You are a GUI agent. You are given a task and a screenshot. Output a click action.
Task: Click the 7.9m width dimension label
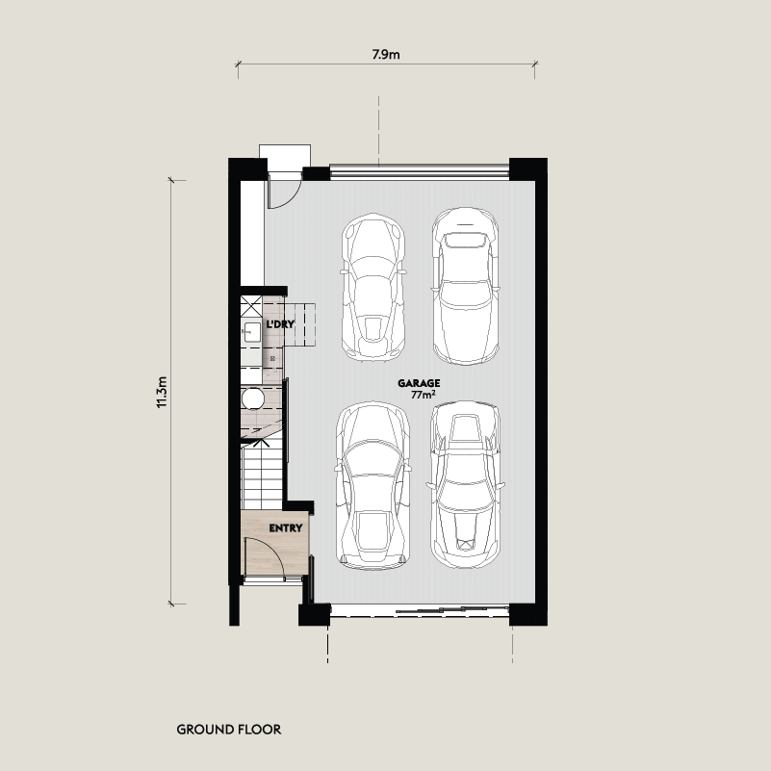(385, 54)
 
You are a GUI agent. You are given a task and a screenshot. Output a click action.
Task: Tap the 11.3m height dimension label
(163, 393)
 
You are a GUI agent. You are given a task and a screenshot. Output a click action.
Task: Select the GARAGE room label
(419, 383)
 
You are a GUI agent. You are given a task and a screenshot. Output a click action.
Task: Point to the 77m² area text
(424, 395)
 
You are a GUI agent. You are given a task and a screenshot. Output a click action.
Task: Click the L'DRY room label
(280, 324)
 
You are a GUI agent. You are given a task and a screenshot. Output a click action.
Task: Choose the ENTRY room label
(286, 528)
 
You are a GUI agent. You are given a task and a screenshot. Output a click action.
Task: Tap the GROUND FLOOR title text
(229, 730)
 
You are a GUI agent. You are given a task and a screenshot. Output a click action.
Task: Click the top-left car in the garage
(373, 287)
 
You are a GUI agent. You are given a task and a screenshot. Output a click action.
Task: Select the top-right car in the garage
(466, 286)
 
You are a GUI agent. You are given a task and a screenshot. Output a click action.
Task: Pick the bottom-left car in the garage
(373, 486)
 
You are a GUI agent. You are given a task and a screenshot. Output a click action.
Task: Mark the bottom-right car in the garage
(465, 485)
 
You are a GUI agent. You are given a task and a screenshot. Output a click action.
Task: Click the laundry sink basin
(252, 332)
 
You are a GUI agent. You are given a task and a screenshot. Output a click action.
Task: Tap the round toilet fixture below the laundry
(253, 398)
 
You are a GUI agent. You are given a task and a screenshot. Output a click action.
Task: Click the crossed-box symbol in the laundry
(251, 306)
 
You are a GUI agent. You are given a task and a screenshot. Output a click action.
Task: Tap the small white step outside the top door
(285, 157)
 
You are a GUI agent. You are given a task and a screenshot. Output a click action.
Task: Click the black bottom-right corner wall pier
(528, 615)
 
